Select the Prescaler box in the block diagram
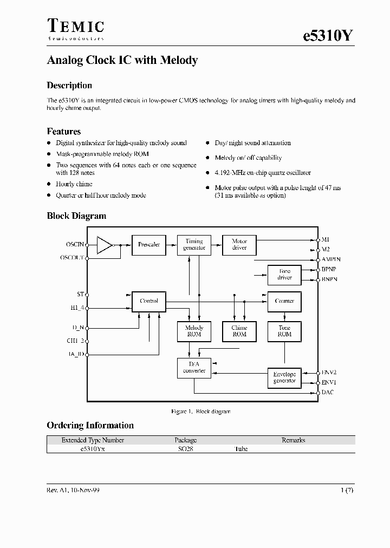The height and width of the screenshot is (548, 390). tap(149, 245)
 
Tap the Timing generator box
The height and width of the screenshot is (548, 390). tap(194, 245)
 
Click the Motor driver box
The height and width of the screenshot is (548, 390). tap(239, 245)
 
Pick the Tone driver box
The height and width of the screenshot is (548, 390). tap(284, 275)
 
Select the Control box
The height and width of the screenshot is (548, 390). tap(149, 301)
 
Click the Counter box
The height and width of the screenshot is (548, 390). tap(284, 301)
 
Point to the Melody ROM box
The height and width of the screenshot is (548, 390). tap(194, 331)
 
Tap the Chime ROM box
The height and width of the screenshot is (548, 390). tap(239, 331)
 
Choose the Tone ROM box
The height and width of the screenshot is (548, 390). tap(284, 331)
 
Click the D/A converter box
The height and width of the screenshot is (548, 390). tap(194, 368)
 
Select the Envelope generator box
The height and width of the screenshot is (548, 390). tap(284, 377)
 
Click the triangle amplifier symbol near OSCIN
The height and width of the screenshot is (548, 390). tap(104, 245)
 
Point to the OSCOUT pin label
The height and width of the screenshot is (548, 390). tap(71, 258)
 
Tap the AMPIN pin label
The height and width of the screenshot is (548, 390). tap(331, 259)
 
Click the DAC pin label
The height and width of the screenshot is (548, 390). tap(328, 392)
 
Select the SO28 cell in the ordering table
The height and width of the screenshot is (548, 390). tap(185, 449)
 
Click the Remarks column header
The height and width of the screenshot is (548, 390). tap(293, 440)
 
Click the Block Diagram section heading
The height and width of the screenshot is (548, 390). tap(76, 216)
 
